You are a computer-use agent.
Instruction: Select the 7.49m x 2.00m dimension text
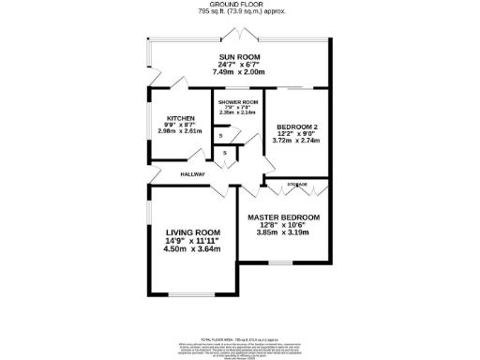tap(240, 70)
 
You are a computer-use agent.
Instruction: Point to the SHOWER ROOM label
tap(238, 101)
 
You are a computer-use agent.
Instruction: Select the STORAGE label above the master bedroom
tap(297, 185)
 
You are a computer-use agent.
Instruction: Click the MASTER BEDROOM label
tap(283, 217)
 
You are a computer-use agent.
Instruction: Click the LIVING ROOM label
tap(193, 232)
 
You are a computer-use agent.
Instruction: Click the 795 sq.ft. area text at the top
tap(241, 12)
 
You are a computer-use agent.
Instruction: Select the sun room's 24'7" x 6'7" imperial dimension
tap(240, 64)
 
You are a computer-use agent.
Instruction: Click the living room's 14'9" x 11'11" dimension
tap(193, 241)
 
